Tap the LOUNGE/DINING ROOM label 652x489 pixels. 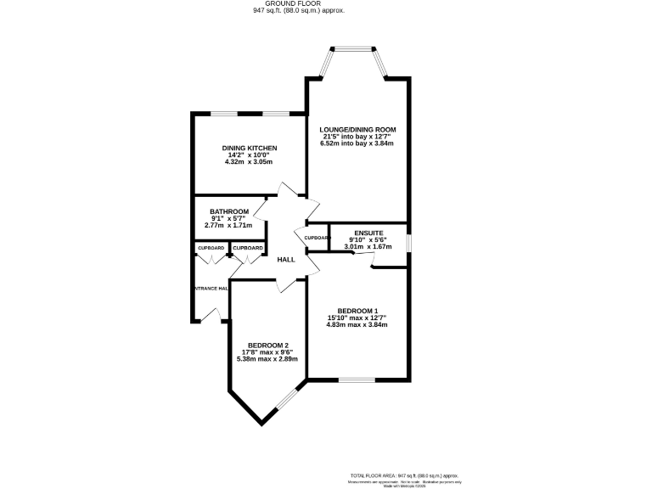(x=357, y=129)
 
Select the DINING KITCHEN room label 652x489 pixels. (x=250, y=148)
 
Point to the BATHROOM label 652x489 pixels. (x=229, y=211)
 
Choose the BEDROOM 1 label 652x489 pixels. (x=357, y=311)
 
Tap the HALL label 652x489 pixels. (x=286, y=259)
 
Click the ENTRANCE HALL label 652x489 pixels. (x=211, y=289)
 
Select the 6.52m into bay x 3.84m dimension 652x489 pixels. (x=357, y=143)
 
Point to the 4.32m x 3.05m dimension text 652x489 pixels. (x=250, y=161)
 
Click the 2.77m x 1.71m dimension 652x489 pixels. (x=229, y=226)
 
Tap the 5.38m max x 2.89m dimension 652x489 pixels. (x=267, y=359)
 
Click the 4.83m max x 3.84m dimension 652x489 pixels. (x=357, y=324)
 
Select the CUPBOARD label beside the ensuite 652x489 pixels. (x=317, y=238)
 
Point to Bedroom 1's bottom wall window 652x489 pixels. (x=357, y=379)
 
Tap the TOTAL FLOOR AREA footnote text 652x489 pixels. (x=403, y=475)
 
